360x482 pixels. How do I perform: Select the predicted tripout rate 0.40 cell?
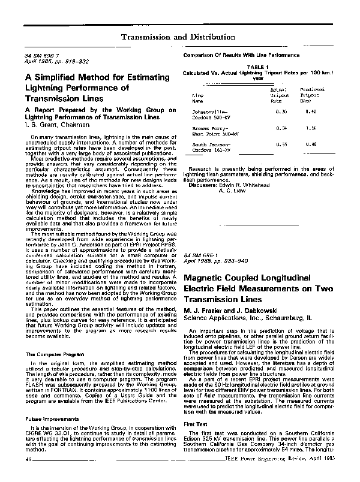311,112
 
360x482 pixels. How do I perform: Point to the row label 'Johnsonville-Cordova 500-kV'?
212,115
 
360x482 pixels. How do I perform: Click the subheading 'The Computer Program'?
53,355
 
